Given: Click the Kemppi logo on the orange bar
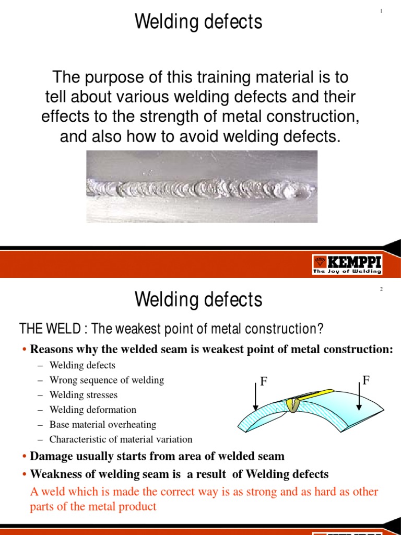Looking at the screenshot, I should click(347, 264).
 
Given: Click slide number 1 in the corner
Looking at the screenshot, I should click(382, 11).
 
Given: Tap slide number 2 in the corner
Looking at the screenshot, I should click(382, 289).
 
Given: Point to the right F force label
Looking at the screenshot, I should click(366, 380).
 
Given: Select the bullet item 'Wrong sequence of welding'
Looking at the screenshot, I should click(107, 380).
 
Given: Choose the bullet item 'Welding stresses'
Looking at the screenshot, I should click(84, 395).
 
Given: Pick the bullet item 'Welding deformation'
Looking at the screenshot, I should click(92, 410).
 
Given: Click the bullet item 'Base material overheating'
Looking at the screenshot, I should click(103, 425).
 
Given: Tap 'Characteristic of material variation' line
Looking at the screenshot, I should click(121, 439).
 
